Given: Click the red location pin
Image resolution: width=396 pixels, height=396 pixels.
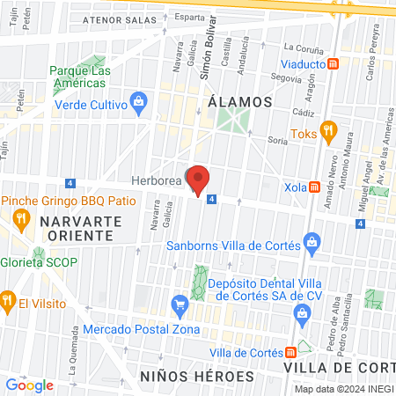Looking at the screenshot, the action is coord(199,180).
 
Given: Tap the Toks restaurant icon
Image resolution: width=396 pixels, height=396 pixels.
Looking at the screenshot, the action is coord(328,131).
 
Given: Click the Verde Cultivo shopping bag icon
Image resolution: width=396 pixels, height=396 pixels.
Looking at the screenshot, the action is coord(139,103).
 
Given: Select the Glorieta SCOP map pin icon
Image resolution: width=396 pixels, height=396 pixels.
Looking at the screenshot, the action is coord(9,250).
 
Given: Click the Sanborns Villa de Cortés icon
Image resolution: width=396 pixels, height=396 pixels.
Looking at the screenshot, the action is coord(310,239).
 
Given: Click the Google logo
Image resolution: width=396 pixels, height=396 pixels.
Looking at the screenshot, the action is coord(29,385).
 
